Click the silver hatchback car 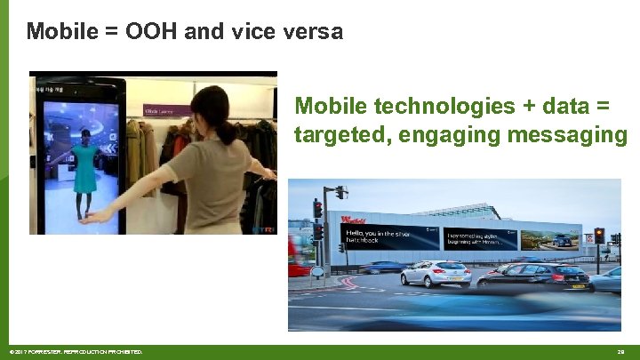(x=436, y=273)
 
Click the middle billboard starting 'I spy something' (x=479, y=237)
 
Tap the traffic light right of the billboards (x=599, y=237)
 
